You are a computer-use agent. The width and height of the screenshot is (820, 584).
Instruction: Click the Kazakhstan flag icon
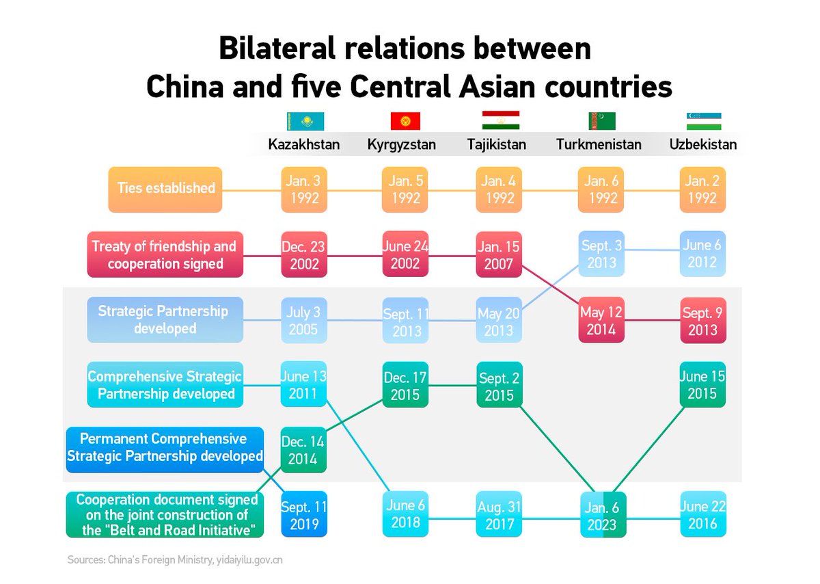(305, 122)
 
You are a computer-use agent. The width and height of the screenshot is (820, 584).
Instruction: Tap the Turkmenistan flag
(601, 121)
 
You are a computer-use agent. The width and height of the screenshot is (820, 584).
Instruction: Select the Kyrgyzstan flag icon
(405, 122)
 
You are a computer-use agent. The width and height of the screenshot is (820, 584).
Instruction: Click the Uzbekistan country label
(703, 144)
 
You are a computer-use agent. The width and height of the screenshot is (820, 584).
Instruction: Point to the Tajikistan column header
(497, 144)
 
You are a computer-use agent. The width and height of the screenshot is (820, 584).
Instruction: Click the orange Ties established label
(165, 189)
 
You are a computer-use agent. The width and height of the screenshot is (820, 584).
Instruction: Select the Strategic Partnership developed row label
(165, 319)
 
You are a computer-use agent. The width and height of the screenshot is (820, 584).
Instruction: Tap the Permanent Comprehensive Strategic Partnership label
(165, 448)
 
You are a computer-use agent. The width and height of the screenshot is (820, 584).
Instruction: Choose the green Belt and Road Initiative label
(165, 514)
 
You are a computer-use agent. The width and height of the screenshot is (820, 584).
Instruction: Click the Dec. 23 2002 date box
(304, 254)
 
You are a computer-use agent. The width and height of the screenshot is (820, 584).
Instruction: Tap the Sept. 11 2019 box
(304, 514)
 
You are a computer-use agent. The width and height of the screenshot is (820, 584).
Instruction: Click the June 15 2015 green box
(702, 385)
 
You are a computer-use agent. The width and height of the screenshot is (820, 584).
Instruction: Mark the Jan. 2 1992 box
(702, 189)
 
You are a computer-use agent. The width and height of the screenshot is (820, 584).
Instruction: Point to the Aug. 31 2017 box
(499, 515)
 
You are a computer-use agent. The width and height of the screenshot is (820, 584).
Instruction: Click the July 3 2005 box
(304, 320)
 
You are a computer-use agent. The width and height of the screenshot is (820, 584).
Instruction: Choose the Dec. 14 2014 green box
(304, 450)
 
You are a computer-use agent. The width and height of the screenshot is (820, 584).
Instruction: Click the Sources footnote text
(175, 560)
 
